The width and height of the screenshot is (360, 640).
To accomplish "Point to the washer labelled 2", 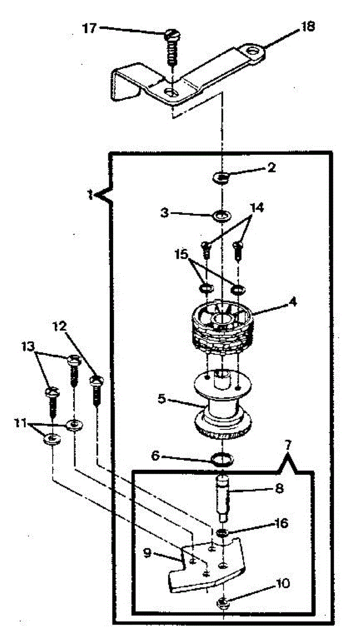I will pos(222,178).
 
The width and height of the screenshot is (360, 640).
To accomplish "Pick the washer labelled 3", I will pos(221,216).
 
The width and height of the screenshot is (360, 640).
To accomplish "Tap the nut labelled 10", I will pos(221,603).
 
